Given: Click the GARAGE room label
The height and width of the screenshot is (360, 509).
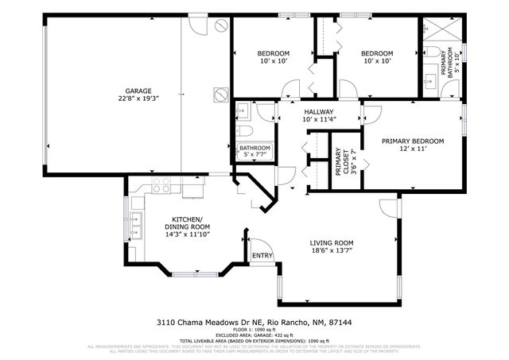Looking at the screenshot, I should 137,91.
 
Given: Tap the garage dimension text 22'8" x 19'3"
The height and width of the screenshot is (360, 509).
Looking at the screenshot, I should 137,99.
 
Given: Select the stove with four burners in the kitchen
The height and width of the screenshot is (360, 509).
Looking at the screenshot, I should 161,188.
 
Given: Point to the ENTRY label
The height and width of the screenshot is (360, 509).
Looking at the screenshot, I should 262,256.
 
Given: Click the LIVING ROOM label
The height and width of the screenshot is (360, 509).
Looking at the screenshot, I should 332,242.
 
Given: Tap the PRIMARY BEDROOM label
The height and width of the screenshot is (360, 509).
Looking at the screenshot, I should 412,141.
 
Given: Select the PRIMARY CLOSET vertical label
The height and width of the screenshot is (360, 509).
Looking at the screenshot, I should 340,165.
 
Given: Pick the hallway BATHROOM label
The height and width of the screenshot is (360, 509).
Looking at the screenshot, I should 254,148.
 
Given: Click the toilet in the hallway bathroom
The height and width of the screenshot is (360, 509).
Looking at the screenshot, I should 243,131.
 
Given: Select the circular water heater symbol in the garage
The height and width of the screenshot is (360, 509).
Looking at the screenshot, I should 220,95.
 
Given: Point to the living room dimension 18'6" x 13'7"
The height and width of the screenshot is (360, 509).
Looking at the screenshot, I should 332,250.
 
